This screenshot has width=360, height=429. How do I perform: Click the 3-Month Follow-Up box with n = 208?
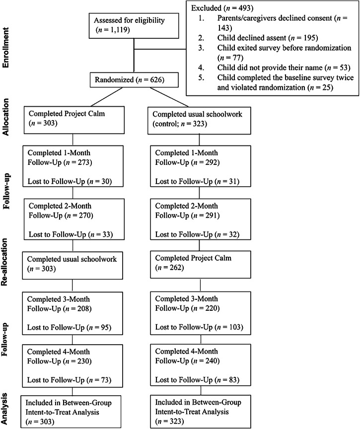click(73, 305)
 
